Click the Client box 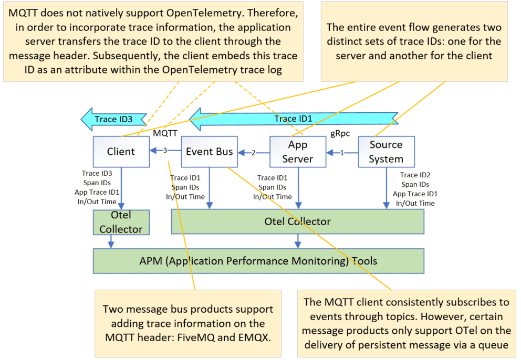tap(121, 152)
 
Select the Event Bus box tap(209, 152)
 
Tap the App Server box tap(298, 152)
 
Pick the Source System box tap(386, 152)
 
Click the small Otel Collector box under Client tap(121, 223)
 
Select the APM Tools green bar tap(258, 261)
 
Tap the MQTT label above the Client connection tap(165, 133)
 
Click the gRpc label tap(340, 133)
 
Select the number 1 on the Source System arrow tap(341, 153)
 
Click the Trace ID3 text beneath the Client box tap(98, 173)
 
